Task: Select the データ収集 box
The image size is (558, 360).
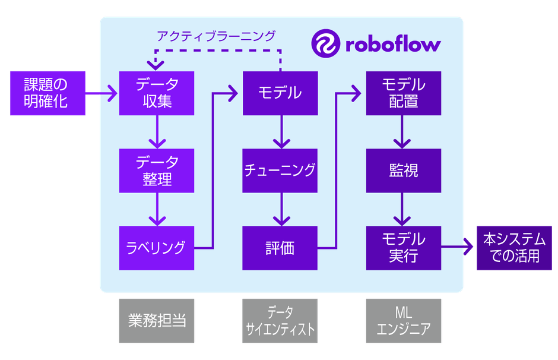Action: [157, 93]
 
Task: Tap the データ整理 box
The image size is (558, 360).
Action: [157, 170]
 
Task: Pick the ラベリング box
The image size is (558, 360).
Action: [157, 247]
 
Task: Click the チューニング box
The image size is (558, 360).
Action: [280, 170]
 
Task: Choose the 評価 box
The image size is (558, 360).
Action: [280, 247]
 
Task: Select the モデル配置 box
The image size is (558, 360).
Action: [403, 93]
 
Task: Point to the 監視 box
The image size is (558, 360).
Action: [403, 170]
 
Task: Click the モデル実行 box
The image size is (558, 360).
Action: [403, 247]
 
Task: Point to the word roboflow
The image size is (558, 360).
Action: [393, 45]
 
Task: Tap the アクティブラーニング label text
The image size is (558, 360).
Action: [216, 36]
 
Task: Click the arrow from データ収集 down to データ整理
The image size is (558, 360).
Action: [157, 132]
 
